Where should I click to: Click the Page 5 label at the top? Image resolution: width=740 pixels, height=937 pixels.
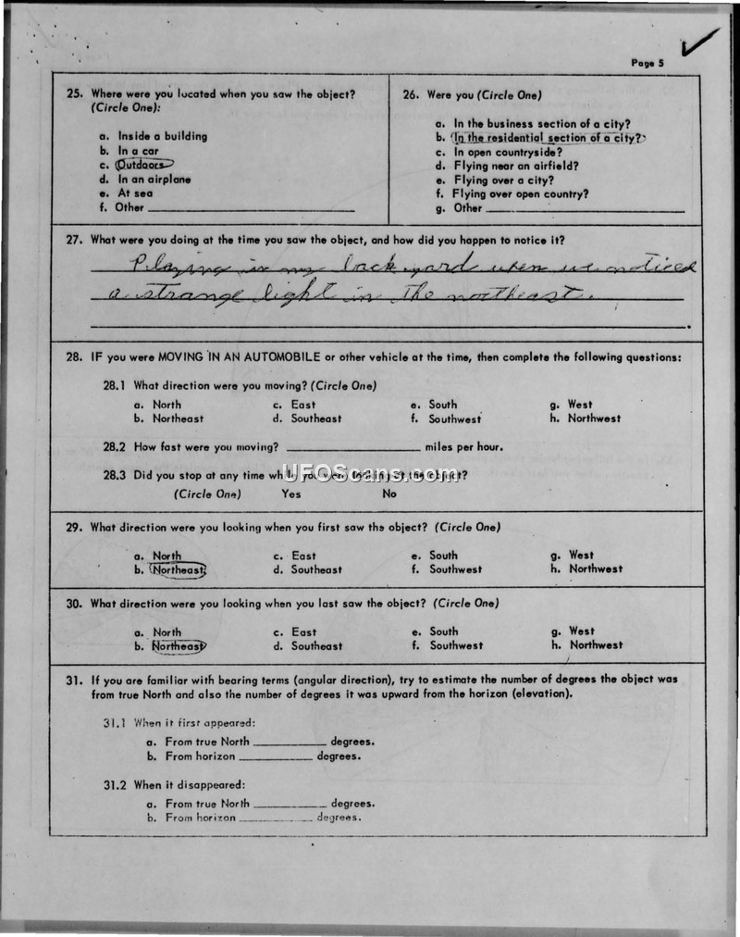pos(647,63)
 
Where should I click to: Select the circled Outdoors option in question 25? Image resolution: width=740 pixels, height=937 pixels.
pos(145,165)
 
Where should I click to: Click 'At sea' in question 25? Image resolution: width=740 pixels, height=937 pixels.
pos(135,194)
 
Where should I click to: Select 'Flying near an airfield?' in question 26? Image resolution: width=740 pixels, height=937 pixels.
pos(515,166)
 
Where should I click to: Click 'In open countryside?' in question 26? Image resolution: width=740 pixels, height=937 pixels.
pos(507,152)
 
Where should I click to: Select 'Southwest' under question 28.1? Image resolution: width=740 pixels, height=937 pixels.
pos(454,419)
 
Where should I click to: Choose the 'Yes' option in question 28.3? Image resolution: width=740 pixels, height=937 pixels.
pos(290,493)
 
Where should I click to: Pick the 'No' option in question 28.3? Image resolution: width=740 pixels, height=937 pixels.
pos(389,493)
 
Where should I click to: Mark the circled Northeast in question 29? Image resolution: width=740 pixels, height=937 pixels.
pos(178,570)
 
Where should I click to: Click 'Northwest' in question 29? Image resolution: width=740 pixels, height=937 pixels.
pos(596,569)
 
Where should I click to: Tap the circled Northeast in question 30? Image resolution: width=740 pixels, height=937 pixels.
pos(178,646)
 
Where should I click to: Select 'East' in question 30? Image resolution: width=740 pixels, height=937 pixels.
pos(303,632)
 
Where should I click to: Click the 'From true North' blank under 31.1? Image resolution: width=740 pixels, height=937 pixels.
pos(289,743)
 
